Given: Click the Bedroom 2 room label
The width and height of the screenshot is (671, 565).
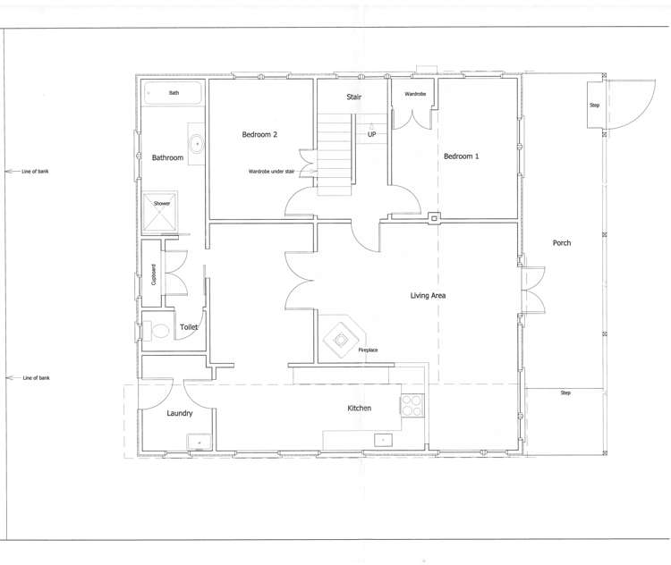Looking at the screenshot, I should [x=259, y=135].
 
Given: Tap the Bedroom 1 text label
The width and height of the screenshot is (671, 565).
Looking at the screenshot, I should [x=462, y=156].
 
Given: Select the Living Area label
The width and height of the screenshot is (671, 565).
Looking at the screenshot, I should [x=428, y=295].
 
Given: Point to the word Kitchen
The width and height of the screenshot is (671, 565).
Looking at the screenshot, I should [x=359, y=409].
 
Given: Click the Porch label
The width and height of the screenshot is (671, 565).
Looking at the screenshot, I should [x=562, y=243].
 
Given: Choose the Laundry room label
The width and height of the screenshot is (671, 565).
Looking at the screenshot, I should [x=180, y=413].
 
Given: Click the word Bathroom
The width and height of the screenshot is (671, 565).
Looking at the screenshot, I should [x=167, y=158].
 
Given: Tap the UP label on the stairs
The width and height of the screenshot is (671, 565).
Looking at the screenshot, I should [x=371, y=135].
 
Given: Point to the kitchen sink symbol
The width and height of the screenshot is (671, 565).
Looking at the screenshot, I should [x=384, y=439].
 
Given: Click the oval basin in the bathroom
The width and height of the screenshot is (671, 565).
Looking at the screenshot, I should [x=196, y=141].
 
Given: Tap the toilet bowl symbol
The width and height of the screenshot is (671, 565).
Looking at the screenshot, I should [x=159, y=331].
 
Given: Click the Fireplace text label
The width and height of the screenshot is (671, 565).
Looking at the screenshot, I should [x=368, y=350].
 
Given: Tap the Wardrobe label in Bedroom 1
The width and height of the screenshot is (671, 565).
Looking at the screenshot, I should [x=415, y=94].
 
